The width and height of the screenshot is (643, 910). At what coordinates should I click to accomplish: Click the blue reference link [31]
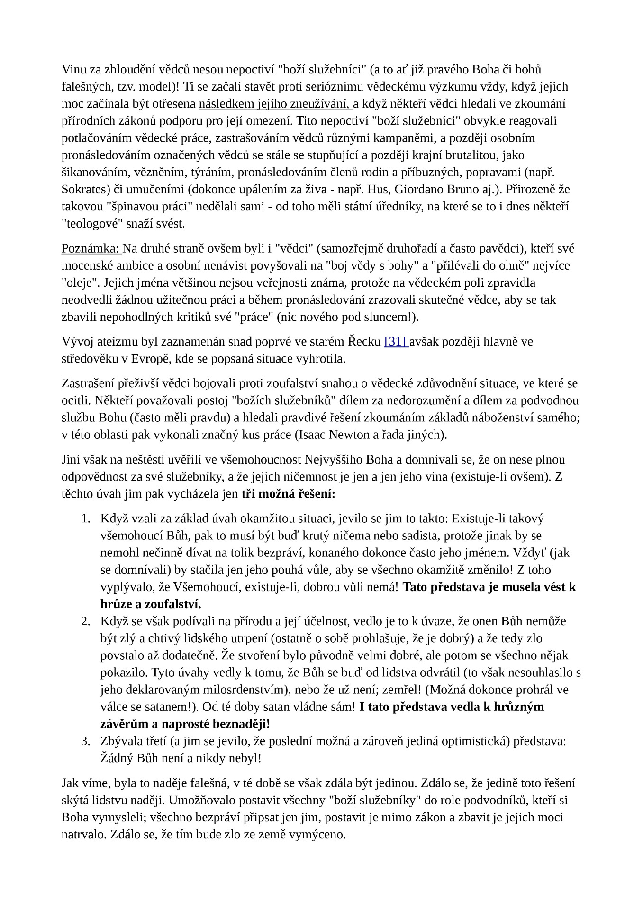[396, 341]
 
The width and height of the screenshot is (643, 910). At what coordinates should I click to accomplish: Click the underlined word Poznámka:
[91, 248]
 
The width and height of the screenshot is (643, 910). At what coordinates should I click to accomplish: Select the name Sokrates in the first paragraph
[83, 189]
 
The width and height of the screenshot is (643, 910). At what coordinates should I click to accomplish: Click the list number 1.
[85, 519]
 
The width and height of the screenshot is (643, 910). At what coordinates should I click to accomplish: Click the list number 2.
[85, 621]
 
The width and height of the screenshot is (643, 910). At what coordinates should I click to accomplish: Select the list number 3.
[85, 741]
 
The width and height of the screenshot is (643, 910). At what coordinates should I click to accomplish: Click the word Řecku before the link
[364, 341]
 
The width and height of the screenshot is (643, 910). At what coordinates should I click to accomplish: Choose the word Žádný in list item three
[117, 758]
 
